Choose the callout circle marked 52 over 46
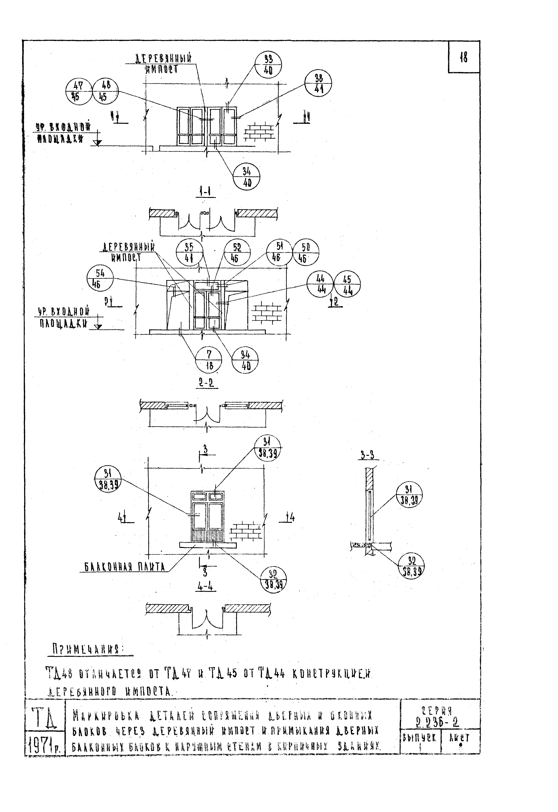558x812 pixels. [237, 253]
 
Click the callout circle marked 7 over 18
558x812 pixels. [208, 361]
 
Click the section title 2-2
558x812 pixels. [206, 383]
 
